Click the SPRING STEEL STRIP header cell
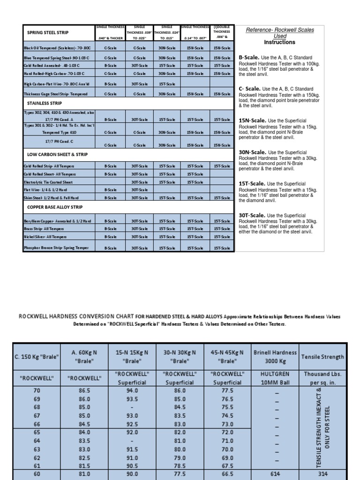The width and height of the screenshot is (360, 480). pyautogui.click(x=48, y=32)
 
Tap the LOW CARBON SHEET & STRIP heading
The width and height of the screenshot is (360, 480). pyautogui.click(x=57, y=154)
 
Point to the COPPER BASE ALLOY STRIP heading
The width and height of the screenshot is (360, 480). pyautogui.click(x=55, y=207)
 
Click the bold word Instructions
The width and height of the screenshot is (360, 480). pyautogui.click(x=279, y=42)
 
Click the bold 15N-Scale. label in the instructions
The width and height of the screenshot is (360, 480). pyautogui.click(x=253, y=120)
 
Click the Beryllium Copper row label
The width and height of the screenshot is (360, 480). pyautogui.click(x=57, y=221)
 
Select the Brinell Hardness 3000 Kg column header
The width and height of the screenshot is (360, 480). pyautogui.click(x=275, y=356)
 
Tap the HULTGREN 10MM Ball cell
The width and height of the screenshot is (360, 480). pyautogui.click(x=275, y=378)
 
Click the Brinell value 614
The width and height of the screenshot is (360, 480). pyautogui.click(x=275, y=474)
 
